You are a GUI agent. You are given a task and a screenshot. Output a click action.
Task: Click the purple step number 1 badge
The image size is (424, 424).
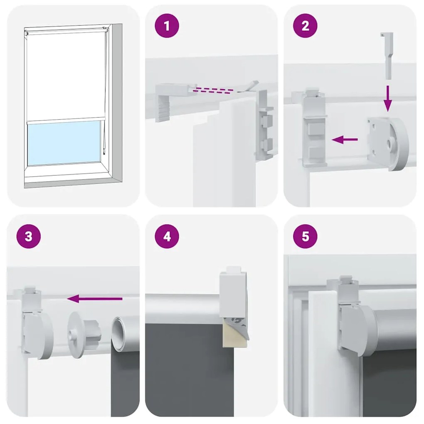pos(167,27)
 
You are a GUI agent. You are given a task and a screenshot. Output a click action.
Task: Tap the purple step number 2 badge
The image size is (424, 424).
pos(305,27)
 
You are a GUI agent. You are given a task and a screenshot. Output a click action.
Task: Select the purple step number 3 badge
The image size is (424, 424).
pos(28,237)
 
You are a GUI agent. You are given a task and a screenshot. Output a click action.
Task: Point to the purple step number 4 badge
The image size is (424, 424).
pos(167,237)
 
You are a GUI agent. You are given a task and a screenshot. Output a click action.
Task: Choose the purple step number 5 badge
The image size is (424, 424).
pos(305,237)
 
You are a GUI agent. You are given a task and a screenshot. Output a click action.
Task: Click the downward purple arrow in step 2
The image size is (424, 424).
pos(387,99)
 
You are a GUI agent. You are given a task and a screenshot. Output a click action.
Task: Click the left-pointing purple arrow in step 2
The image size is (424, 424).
pos(344,140)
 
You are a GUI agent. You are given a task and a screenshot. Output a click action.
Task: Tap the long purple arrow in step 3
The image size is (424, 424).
pos(95,298)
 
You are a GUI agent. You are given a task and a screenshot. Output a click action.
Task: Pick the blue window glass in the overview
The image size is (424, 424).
pos(64,142)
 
